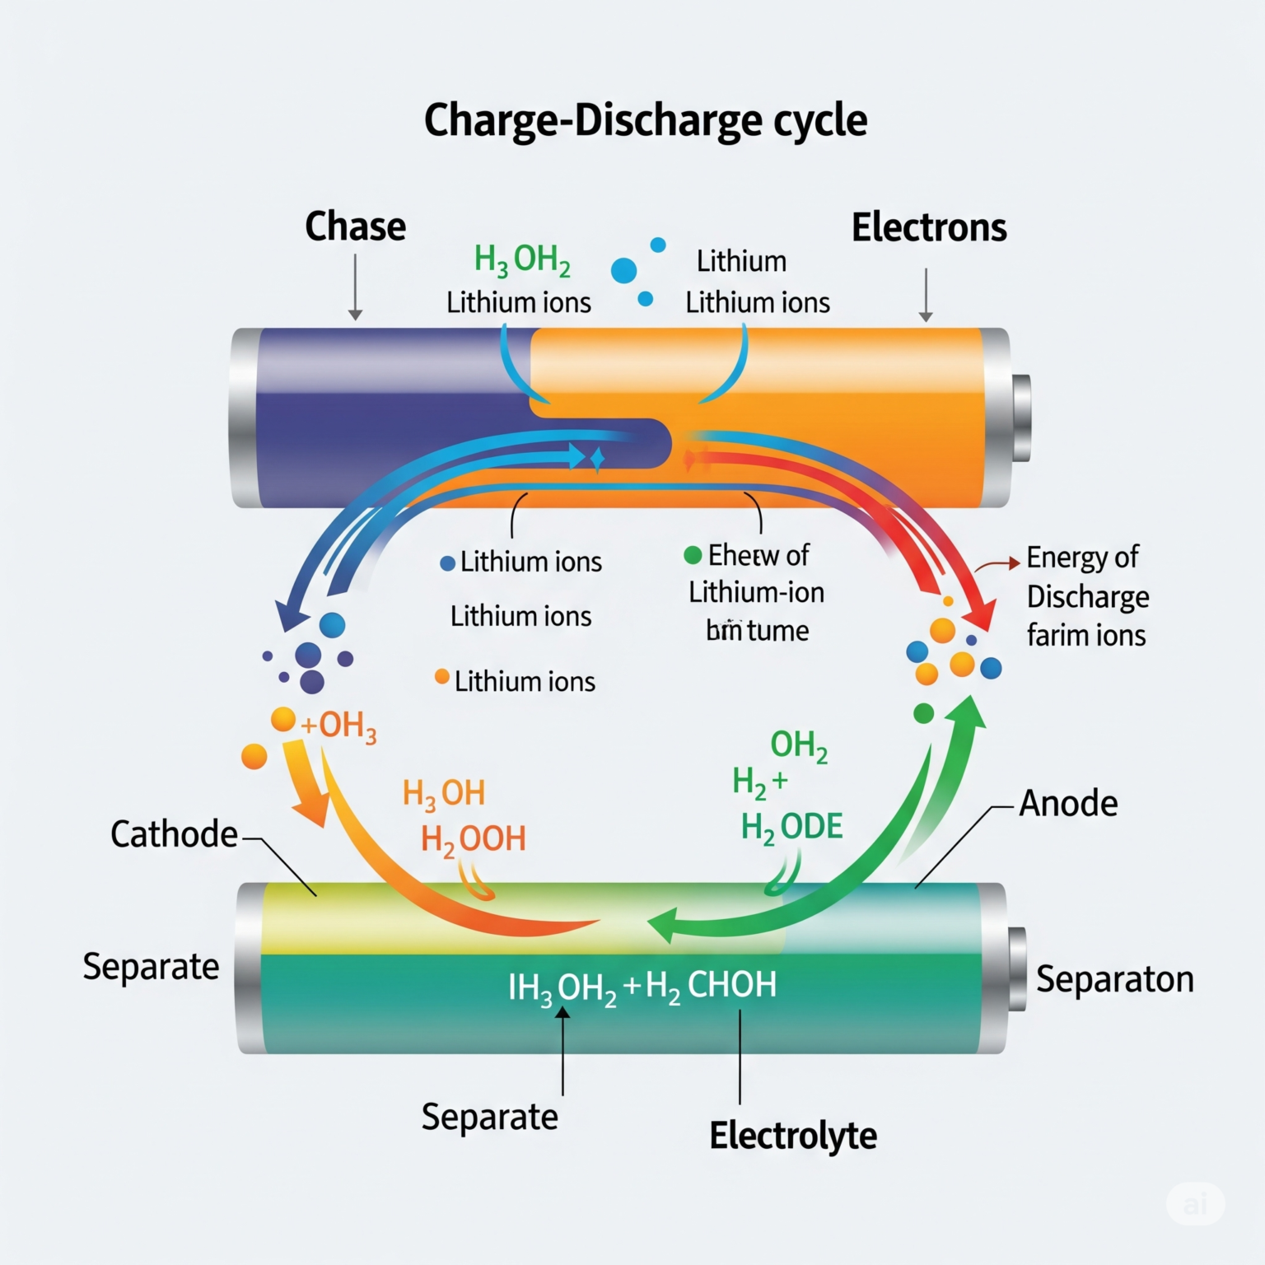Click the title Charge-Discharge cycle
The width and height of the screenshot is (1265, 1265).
coord(645,120)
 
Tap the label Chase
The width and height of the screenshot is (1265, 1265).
coord(355,226)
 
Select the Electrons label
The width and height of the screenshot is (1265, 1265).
coord(928,228)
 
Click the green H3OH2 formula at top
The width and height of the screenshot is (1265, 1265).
coord(522,260)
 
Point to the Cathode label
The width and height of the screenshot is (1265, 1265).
coord(174,834)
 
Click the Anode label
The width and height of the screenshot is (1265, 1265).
coord(1068,803)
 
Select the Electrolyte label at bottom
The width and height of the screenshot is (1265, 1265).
coord(792,1136)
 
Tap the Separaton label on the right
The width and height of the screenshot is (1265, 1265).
coord(1113,979)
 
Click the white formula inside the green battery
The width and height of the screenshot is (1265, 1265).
coord(642,987)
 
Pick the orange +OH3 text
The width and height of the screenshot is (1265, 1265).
coord(338,726)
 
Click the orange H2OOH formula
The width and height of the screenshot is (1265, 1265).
coord(473,839)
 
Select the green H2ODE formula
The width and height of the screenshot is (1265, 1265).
coord(791,827)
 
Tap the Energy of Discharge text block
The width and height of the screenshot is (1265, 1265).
coord(1086,596)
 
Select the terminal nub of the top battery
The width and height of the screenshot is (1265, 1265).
coord(1021,418)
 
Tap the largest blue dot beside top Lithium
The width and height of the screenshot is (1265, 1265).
coord(623,270)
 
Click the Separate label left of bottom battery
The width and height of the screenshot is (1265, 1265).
coord(151,966)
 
